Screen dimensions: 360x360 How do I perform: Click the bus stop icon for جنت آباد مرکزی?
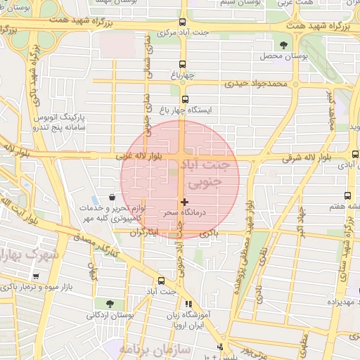click(184, 22)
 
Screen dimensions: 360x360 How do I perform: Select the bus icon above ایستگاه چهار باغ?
click(185, 99)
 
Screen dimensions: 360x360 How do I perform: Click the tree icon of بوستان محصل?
click(283, 45)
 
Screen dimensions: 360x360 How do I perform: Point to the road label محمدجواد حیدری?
click(257, 84)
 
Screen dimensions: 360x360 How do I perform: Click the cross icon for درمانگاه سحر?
click(185, 202)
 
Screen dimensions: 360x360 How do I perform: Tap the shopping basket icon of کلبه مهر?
click(112, 198)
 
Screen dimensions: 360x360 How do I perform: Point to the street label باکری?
click(209, 231)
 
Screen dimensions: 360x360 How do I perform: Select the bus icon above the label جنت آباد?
click(161, 279)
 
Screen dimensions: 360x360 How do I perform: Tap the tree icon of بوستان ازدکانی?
click(109, 304)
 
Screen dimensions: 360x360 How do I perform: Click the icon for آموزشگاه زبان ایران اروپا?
click(188, 304)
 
